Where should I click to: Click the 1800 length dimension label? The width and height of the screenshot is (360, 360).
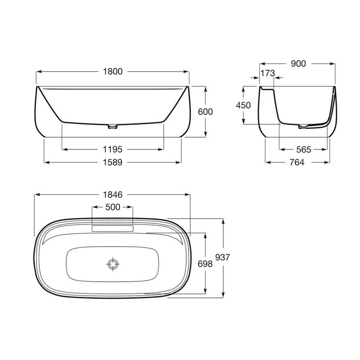pyautogui.click(x=112, y=72)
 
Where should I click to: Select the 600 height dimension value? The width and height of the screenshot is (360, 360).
pyautogui.click(x=205, y=112)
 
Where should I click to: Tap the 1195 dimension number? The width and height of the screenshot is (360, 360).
pyautogui.click(x=112, y=149)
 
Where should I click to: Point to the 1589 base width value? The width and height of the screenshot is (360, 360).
pyautogui.click(x=112, y=162)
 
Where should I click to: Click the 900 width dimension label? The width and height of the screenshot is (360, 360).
pyautogui.click(x=298, y=64)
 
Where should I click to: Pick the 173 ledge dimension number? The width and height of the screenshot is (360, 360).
pyautogui.click(x=268, y=73)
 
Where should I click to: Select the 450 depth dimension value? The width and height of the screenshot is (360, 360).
pyautogui.click(x=243, y=105)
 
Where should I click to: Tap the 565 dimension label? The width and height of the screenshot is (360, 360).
pyautogui.click(x=303, y=150)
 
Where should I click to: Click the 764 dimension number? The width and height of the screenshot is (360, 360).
pyautogui.click(x=297, y=162)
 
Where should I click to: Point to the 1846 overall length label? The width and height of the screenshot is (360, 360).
pyautogui.click(x=112, y=195)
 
